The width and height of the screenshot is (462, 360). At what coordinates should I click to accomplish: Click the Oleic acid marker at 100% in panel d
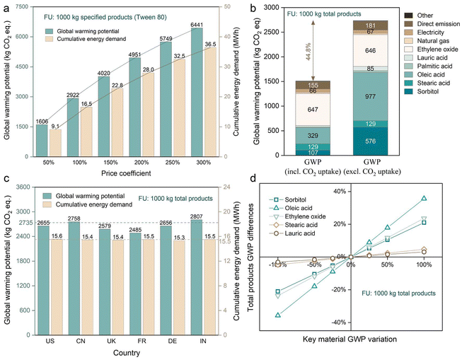coord(424,198)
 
